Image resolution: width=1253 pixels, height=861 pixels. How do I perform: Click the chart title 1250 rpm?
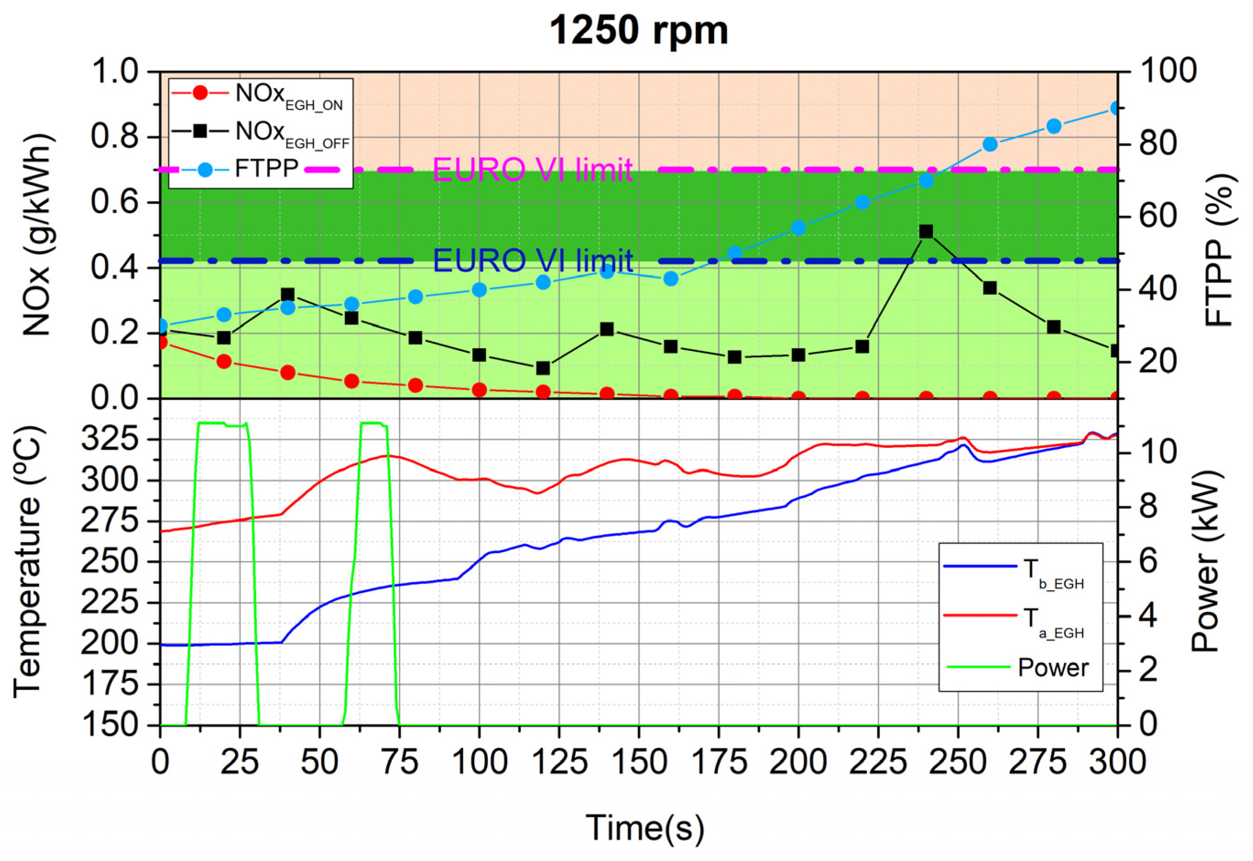click(x=638, y=30)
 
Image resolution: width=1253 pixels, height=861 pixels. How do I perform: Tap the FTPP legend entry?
click(x=238, y=169)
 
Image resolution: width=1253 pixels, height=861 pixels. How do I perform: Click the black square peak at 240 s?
click(x=926, y=231)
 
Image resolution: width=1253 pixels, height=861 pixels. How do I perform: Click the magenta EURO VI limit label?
click(x=532, y=170)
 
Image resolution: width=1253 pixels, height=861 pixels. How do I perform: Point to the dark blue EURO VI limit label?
click(x=532, y=261)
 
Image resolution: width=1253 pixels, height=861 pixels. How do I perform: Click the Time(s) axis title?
click(x=645, y=827)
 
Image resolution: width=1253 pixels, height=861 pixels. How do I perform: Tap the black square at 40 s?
click(x=287, y=295)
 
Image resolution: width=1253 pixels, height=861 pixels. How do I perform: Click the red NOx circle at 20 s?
click(x=224, y=361)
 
